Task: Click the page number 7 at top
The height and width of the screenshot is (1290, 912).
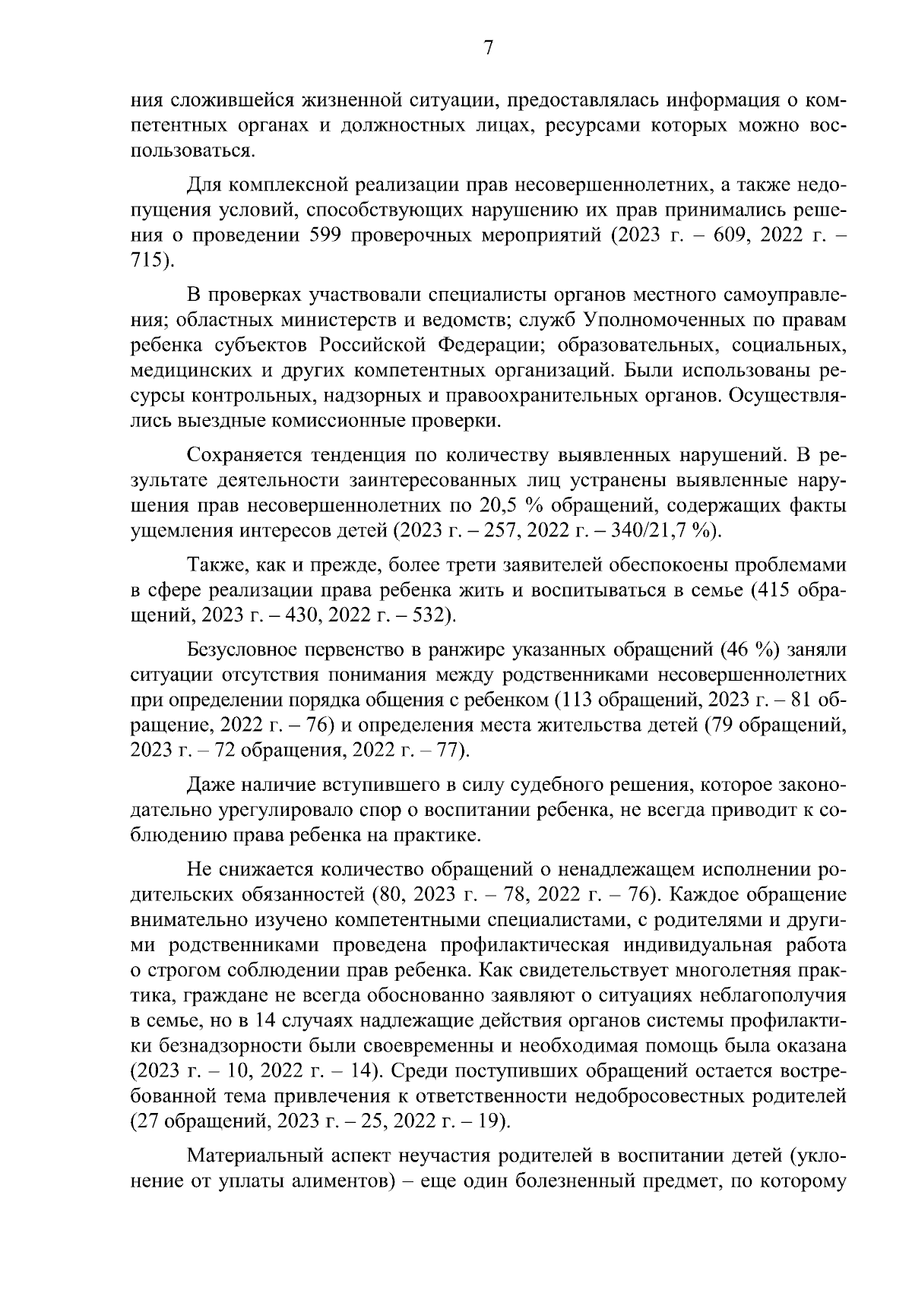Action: (x=489, y=48)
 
